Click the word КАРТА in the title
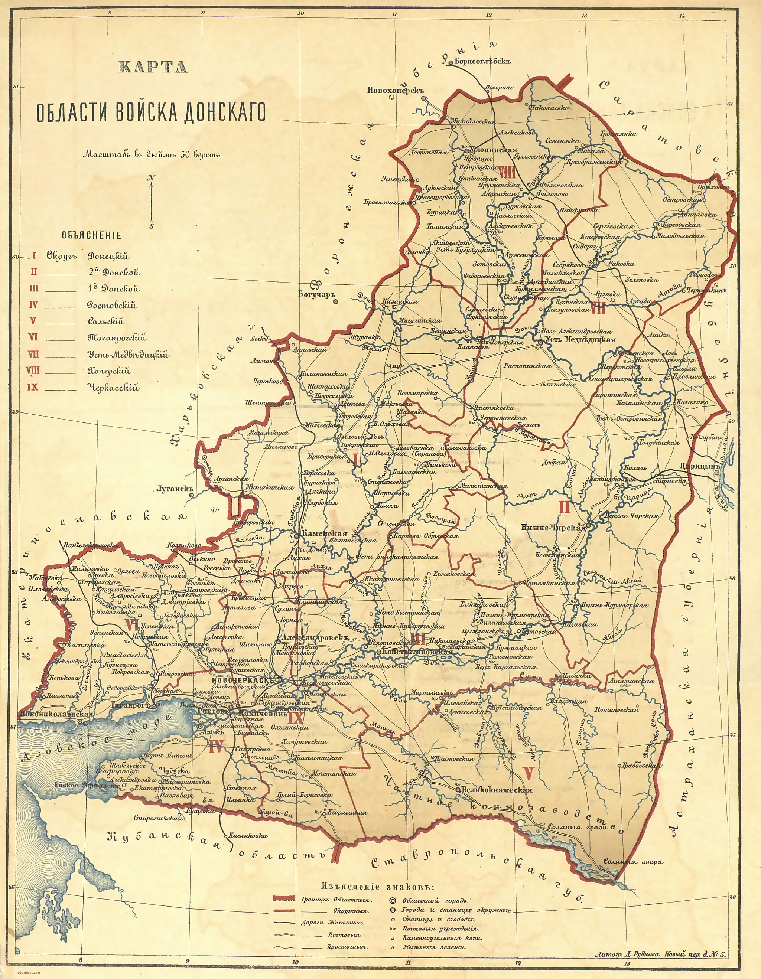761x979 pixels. (x=153, y=67)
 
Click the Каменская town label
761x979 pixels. (x=325, y=533)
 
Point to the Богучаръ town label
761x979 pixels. (x=316, y=294)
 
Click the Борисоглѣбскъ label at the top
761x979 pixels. (x=482, y=61)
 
